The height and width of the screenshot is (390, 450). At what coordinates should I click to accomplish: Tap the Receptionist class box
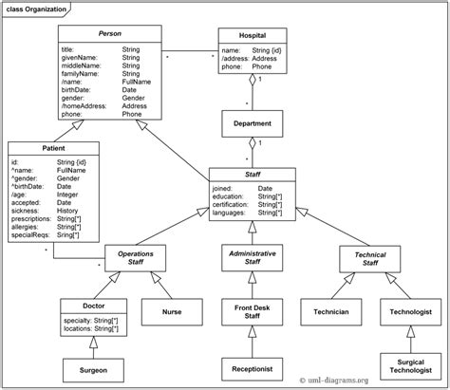[x=253, y=366]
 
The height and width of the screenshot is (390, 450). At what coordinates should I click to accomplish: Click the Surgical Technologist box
[x=405, y=366]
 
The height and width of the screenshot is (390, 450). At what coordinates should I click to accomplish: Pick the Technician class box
[x=328, y=310]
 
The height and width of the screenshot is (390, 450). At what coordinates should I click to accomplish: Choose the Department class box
[x=253, y=123]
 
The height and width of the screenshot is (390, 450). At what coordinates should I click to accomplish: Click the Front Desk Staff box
[x=253, y=310]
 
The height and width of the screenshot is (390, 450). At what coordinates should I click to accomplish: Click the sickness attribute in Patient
[x=29, y=208]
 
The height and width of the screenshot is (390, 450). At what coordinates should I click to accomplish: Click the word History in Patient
[x=68, y=208]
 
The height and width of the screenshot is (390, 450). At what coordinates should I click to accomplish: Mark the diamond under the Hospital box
[x=253, y=81]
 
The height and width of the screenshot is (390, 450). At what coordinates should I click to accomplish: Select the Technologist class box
[x=405, y=310]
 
